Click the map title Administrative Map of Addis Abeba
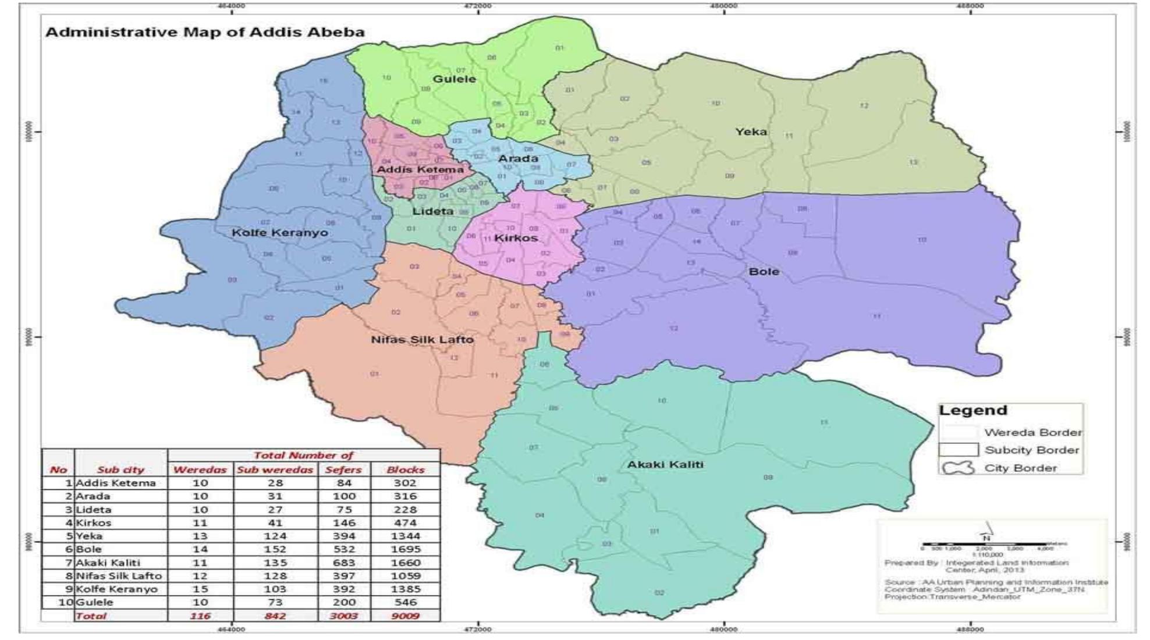(205, 32)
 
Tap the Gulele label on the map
(454, 79)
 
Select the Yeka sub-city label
(751, 132)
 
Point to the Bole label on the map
(764, 272)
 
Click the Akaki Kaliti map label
(665, 465)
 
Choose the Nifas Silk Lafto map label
(423, 340)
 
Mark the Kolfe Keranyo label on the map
(280, 233)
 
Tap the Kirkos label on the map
(516, 239)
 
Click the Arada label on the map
(518, 159)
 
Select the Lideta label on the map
(432, 211)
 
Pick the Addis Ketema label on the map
(420, 170)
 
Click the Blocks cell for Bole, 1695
(405, 549)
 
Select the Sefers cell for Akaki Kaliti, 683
(343, 563)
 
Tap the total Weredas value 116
(200, 616)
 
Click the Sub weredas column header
(275, 470)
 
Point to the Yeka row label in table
(89, 536)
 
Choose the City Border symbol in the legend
(958, 468)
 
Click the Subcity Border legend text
(1031, 450)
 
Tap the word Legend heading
(972, 410)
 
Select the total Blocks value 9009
(405, 616)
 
